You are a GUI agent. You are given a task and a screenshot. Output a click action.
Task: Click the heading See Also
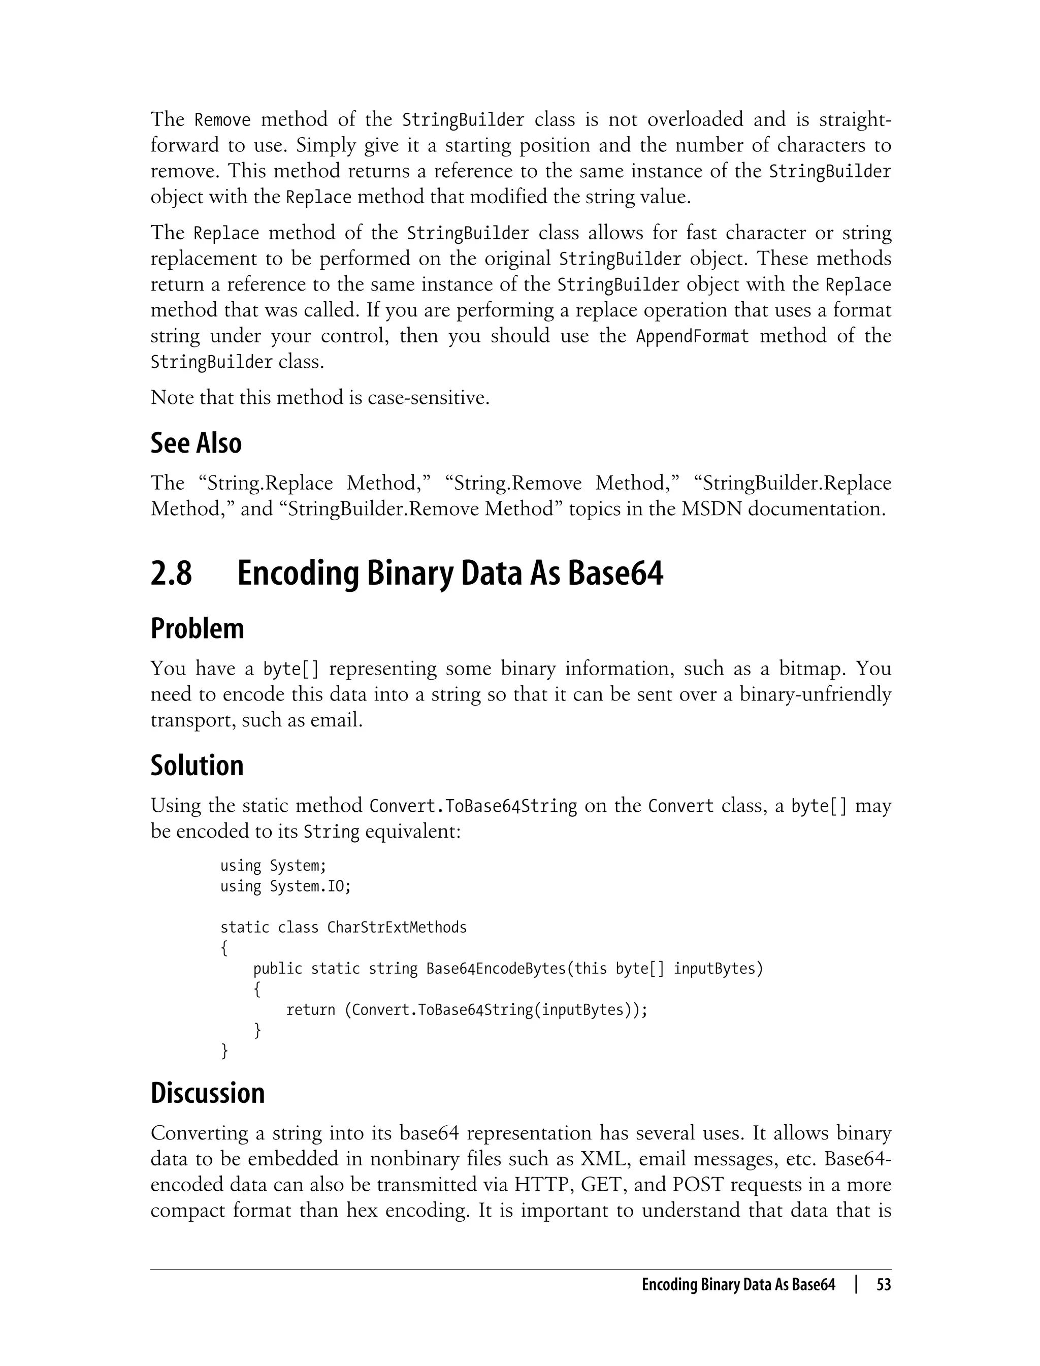point(196,443)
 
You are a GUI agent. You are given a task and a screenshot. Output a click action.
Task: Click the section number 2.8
point(172,574)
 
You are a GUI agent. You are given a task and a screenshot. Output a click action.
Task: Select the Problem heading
point(197,629)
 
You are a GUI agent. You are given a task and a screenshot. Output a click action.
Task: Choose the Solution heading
point(197,766)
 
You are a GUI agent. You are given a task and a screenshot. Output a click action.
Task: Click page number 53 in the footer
point(884,1285)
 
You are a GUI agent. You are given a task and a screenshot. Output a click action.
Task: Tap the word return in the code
point(311,1010)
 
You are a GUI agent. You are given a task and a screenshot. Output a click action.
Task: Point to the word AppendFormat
point(692,336)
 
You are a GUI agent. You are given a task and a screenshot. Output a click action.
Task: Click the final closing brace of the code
point(224,1051)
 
